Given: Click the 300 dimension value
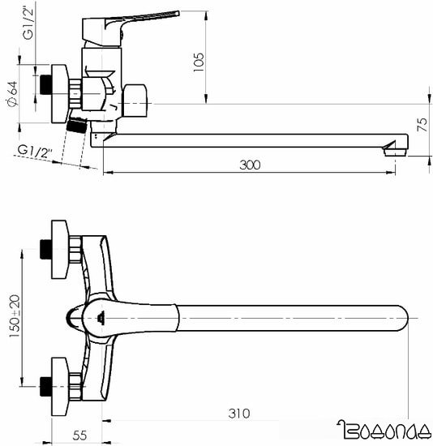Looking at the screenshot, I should (x=251, y=165).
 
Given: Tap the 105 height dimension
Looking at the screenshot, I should (x=199, y=62).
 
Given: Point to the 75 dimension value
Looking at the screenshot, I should (x=422, y=124).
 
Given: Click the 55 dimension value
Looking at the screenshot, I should (x=79, y=435).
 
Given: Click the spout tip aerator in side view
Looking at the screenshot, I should (x=395, y=147).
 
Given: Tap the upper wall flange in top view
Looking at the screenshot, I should (x=59, y=249).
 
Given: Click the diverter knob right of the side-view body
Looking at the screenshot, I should (x=137, y=101).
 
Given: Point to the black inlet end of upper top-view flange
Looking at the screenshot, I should (x=45, y=249).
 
